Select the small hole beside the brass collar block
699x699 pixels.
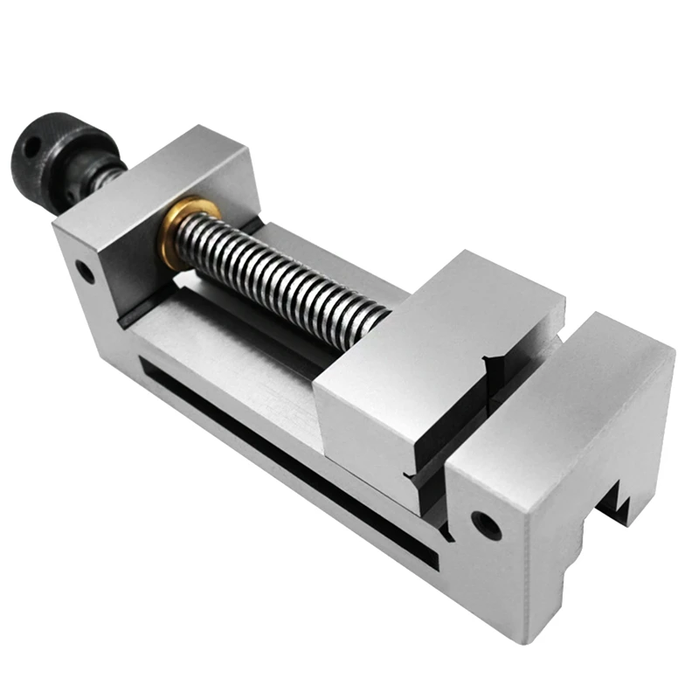click(x=85, y=272)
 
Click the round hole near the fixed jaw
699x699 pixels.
click(x=486, y=525)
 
